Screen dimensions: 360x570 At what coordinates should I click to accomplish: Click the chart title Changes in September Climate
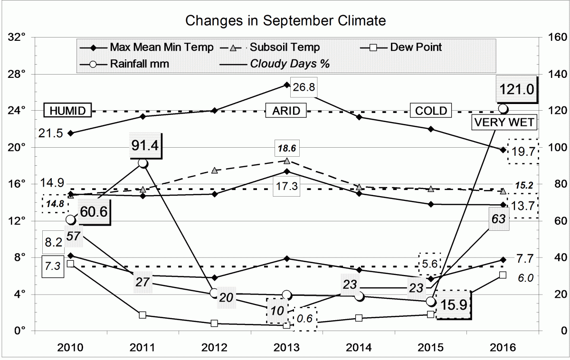[x=285, y=21]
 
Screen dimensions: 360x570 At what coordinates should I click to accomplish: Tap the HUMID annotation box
[x=67, y=111]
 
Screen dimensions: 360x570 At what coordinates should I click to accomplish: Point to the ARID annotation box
[x=286, y=111]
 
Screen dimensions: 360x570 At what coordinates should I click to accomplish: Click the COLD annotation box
[x=431, y=111]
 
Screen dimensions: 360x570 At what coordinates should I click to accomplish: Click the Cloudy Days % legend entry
[x=290, y=63]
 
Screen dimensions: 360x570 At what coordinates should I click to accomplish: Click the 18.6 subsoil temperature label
[x=286, y=148]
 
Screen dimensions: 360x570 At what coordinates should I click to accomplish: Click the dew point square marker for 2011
[x=142, y=315]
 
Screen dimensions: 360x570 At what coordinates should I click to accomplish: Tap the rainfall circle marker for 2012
[x=214, y=293]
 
